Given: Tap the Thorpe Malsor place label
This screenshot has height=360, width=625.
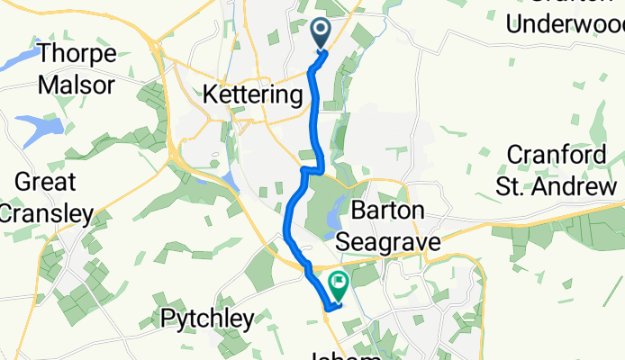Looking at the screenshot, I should [77, 70].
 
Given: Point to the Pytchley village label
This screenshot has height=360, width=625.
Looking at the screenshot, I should [207, 318].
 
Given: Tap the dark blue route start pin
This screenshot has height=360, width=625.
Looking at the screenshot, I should [322, 35].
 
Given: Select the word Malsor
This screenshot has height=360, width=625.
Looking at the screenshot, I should [77, 86].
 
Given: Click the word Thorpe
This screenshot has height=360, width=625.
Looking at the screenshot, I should [77, 54].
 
